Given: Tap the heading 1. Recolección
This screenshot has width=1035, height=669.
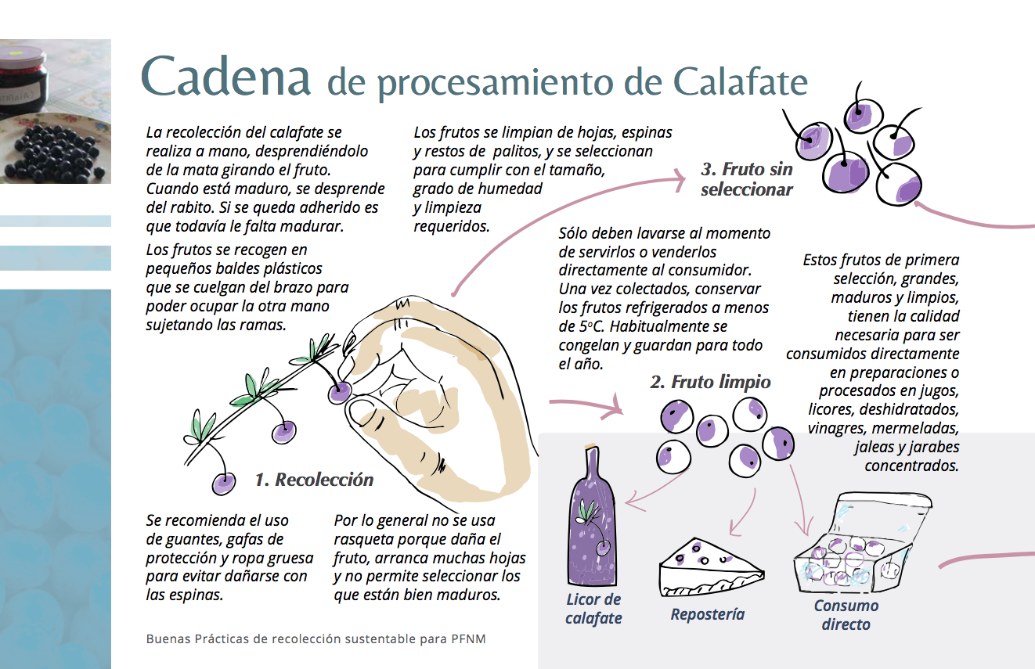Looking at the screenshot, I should point(314,480).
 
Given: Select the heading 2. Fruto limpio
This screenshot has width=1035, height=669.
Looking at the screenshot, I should point(710,382).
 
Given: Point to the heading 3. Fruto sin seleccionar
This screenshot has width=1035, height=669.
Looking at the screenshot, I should point(747,179).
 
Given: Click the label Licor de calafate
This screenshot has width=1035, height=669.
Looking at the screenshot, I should point(593,609).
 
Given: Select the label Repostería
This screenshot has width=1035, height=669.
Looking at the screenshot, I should point(707,614).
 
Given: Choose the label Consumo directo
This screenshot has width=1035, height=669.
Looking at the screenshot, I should point(846,615).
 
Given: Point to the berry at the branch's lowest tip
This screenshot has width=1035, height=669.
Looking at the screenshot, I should point(224,484).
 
